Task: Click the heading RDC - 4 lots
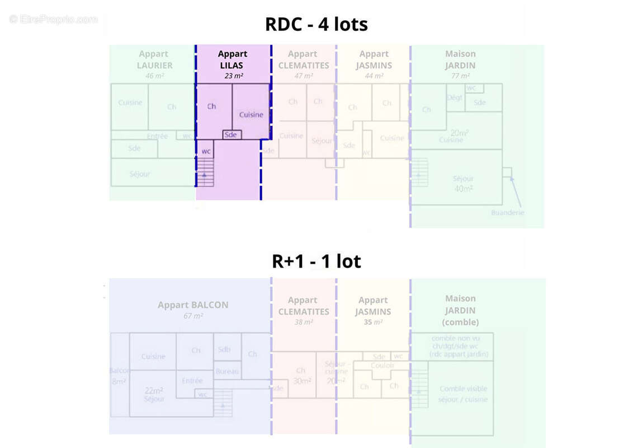[x=316, y=25]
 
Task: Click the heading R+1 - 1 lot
[x=316, y=261]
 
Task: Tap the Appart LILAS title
[x=233, y=59]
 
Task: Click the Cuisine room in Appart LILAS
[x=251, y=114]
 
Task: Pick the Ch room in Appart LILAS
[x=211, y=106]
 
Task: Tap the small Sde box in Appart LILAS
[x=231, y=134]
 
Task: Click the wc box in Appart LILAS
[x=206, y=151]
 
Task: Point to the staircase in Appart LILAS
[x=206, y=171]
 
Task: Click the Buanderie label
[x=508, y=213]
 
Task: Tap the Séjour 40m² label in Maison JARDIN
[x=463, y=184]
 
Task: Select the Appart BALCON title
[x=193, y=305]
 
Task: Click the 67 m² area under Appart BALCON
[x=193, y=316]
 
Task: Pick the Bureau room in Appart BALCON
[x=227, y=371]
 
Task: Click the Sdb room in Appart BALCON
[x=224, y=349]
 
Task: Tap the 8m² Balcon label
[x=119, y=381]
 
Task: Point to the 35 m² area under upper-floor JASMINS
[x=373, y=323]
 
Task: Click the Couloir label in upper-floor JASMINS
[x=382, y=365]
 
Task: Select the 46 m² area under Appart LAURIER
[x=154, y=76]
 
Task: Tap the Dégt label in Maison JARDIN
[x=455, y=97]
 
